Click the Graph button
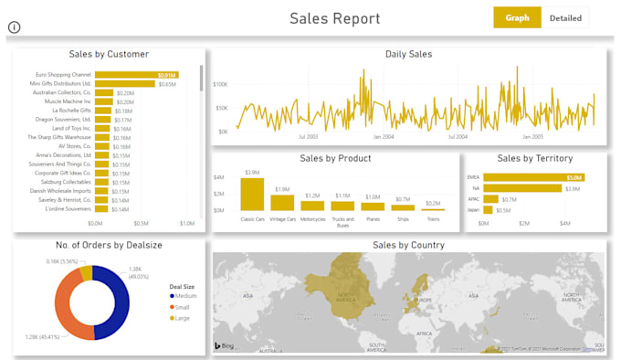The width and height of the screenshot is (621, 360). pos(517,17)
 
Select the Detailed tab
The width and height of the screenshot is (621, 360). pos(565,17)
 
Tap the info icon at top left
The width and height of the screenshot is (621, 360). pos(14,27)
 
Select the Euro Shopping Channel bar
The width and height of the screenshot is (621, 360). pos(136,75)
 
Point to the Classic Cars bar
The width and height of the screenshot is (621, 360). pos(252,195)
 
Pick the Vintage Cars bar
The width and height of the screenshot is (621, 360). pos(282,203)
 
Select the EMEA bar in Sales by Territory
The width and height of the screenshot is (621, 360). pos(533,177)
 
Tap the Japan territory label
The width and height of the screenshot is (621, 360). pos(472,210)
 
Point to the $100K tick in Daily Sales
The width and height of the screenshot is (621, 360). pos(220,84)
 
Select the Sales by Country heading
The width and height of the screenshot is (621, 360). pos(408,245)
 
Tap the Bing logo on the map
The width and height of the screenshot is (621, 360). pos(226,346)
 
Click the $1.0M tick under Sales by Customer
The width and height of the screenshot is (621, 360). pos(186,222)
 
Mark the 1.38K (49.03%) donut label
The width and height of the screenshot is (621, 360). pos(133,272)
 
